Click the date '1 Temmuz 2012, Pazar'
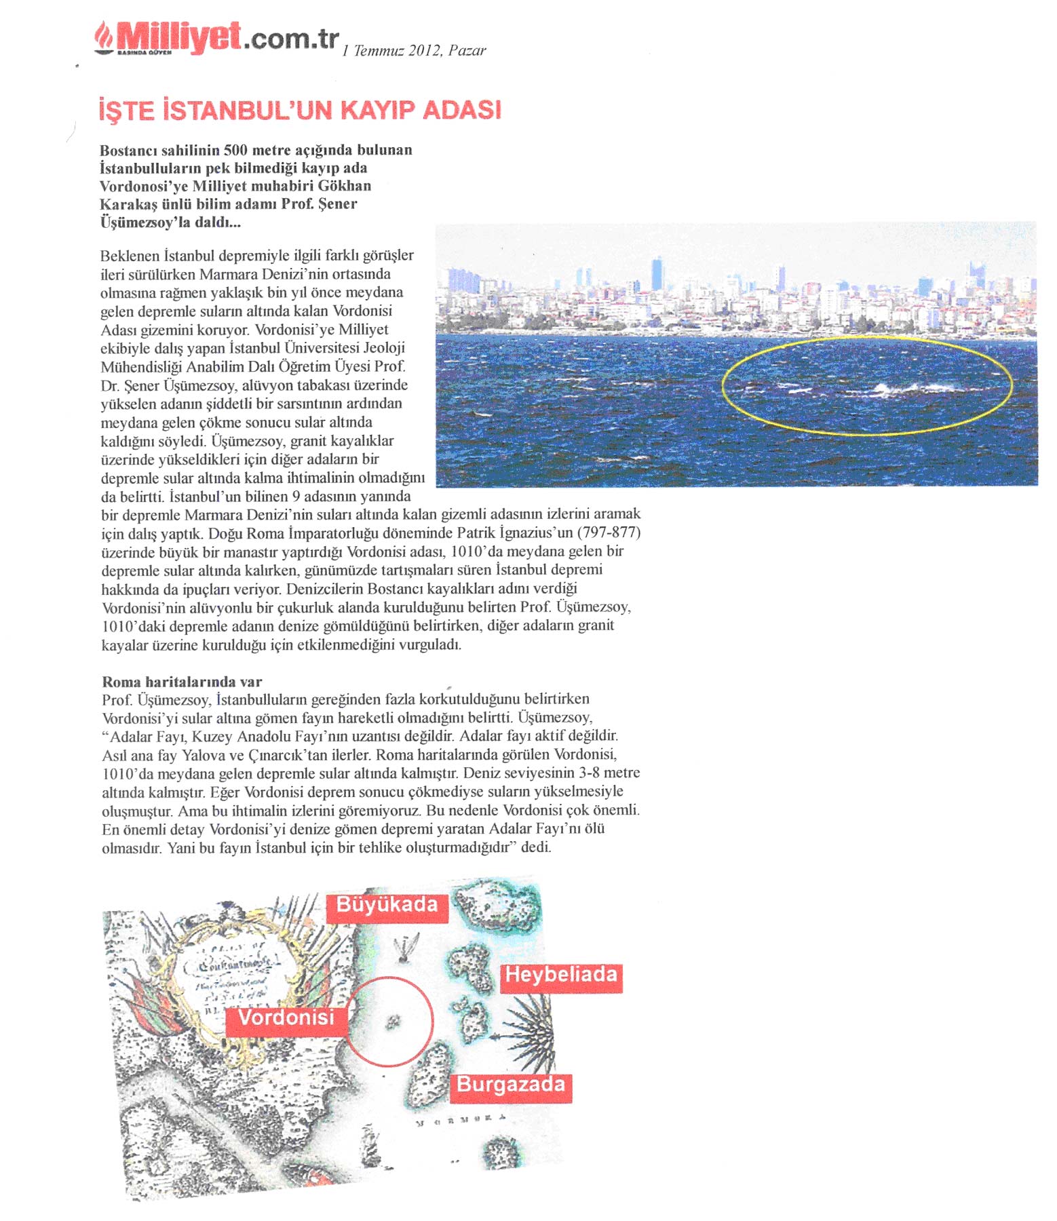[x=414, y=51]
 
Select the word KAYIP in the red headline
[x=372, y=110]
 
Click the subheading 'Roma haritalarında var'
[x=182, y=682]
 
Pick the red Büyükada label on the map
[x=387, y=905]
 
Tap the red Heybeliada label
[x=561, y=975]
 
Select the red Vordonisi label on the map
[x=286, y=1017]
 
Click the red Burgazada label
[x=511, y=1084]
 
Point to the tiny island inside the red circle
[x=391, y=1022]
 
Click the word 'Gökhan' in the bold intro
[x=347, y=186]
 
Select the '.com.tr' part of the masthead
[x=290, y=39]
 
